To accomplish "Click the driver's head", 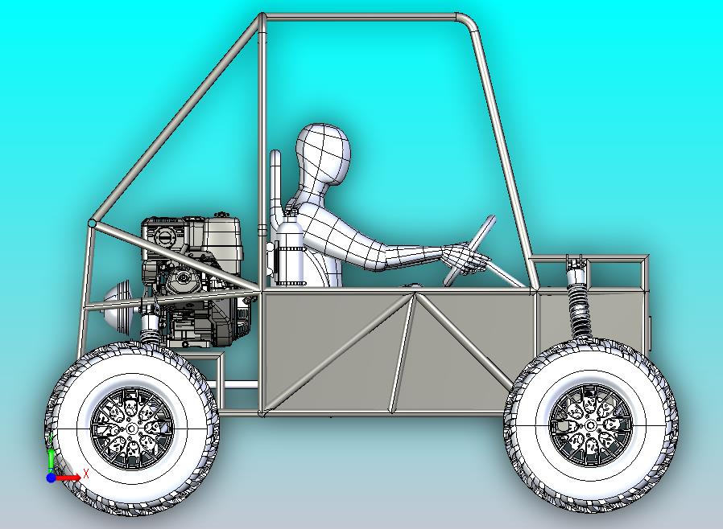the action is [324, 154].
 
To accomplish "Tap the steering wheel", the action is [469, 250].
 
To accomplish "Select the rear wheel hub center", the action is [132, 429].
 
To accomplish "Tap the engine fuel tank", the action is [222, 237].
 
